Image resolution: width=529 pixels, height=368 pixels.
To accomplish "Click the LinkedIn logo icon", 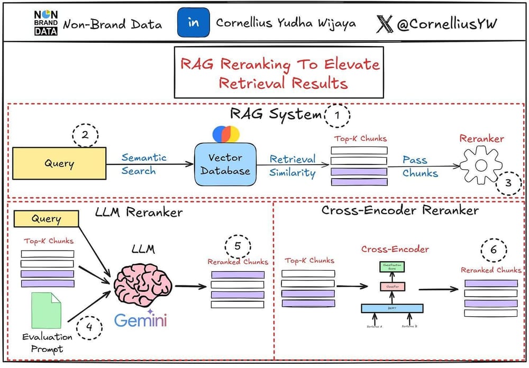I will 193,23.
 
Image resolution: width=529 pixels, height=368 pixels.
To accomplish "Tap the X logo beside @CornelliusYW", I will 385,24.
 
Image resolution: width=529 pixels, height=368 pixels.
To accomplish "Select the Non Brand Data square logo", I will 46,23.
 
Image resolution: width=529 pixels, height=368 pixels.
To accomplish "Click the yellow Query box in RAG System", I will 59,163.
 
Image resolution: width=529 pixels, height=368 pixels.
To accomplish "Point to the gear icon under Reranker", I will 480,164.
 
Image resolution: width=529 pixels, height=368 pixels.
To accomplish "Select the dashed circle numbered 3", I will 508,183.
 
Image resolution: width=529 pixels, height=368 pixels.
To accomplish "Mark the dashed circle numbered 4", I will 89,327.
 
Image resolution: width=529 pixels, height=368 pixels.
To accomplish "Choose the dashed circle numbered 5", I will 238,246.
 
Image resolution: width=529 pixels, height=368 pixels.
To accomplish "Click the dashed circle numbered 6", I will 493,251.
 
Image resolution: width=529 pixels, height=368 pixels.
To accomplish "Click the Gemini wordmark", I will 141,320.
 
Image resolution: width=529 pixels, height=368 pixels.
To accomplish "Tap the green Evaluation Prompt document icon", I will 47,310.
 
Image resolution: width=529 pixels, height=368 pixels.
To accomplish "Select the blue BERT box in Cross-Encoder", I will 392,308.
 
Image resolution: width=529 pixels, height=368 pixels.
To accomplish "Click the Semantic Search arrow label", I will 144,164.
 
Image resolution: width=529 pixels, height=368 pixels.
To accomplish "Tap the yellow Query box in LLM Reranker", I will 46,219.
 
